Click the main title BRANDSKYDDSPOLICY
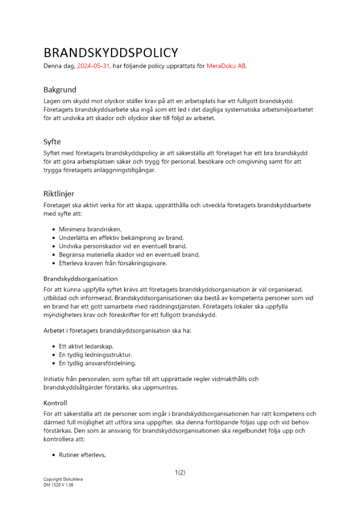tap(110, 52)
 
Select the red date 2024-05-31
tap(94, 66)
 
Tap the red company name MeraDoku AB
tap(226, 66)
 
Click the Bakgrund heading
tap(60, 90)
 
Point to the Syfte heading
tap(52, 142)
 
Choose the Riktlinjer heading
tap(59, 193)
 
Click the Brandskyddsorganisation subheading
tap(80, 278)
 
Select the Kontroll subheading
tap(55, 403)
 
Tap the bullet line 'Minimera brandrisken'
tap(90, 230)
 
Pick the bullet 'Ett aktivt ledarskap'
tap(86, 346)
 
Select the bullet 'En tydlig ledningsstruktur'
tap(95, 355)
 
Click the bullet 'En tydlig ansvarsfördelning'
tap(97, 363)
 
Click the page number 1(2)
tap(180, 472)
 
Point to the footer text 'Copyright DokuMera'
tap(63, 479)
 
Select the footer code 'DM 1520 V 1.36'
tap(59, 485)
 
